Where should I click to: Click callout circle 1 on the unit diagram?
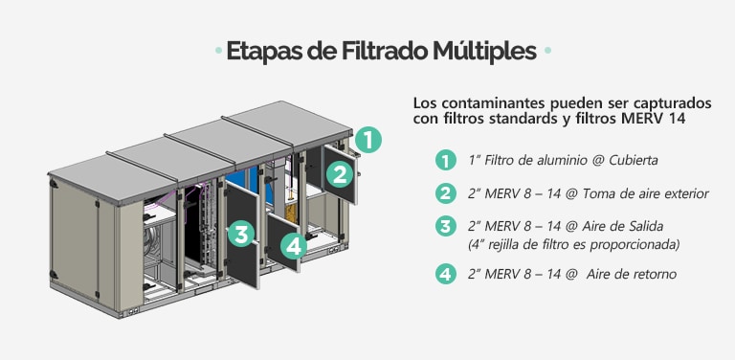pyautogui.click(x=368, y=140)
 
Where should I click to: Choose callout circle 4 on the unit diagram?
pyautogui.click(x=293, y=246)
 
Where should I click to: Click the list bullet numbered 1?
pyautogui.click(x=444, y=160)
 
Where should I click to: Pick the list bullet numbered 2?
pyautogui.click(x=444, y=193)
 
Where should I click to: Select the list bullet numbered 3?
pyautogui.click(x=444, y=226)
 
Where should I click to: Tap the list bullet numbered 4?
pyautogui.click(x=444, y=274)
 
